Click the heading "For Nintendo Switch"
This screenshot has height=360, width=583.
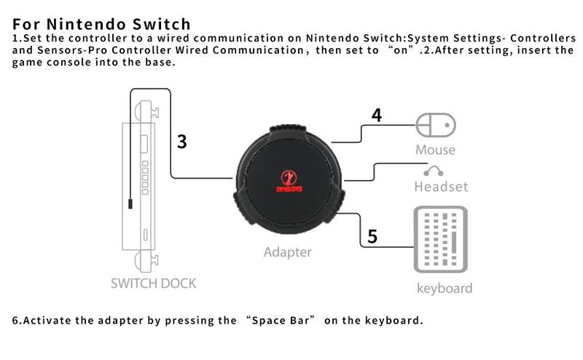point(102,24)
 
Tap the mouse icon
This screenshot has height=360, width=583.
point(435,125)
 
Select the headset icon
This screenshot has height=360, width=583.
point(436,171)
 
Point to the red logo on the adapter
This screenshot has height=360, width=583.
point(289,179)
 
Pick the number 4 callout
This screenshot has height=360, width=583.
point(376,115)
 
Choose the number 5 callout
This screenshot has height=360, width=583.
point(372,236)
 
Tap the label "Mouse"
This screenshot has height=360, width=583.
point(435,150)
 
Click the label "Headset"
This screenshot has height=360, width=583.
point(441,187)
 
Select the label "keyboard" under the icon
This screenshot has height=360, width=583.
point(445,288)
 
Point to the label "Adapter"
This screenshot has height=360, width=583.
point(287,252)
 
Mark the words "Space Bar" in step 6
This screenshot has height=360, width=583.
point(283,321)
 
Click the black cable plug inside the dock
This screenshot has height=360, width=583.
point(130,203)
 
